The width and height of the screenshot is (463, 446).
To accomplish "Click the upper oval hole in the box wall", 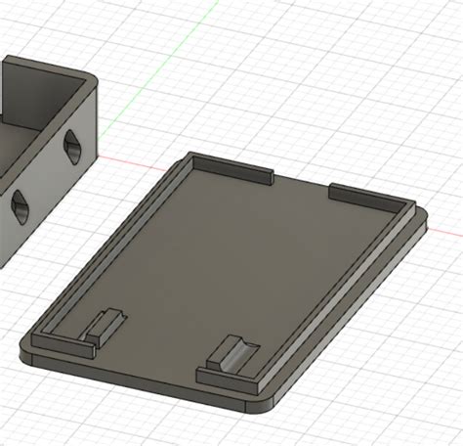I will [71, 148].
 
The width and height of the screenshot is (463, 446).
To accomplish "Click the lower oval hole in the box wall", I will [20, 205].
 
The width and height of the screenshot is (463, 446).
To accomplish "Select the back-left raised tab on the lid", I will [230, 166].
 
